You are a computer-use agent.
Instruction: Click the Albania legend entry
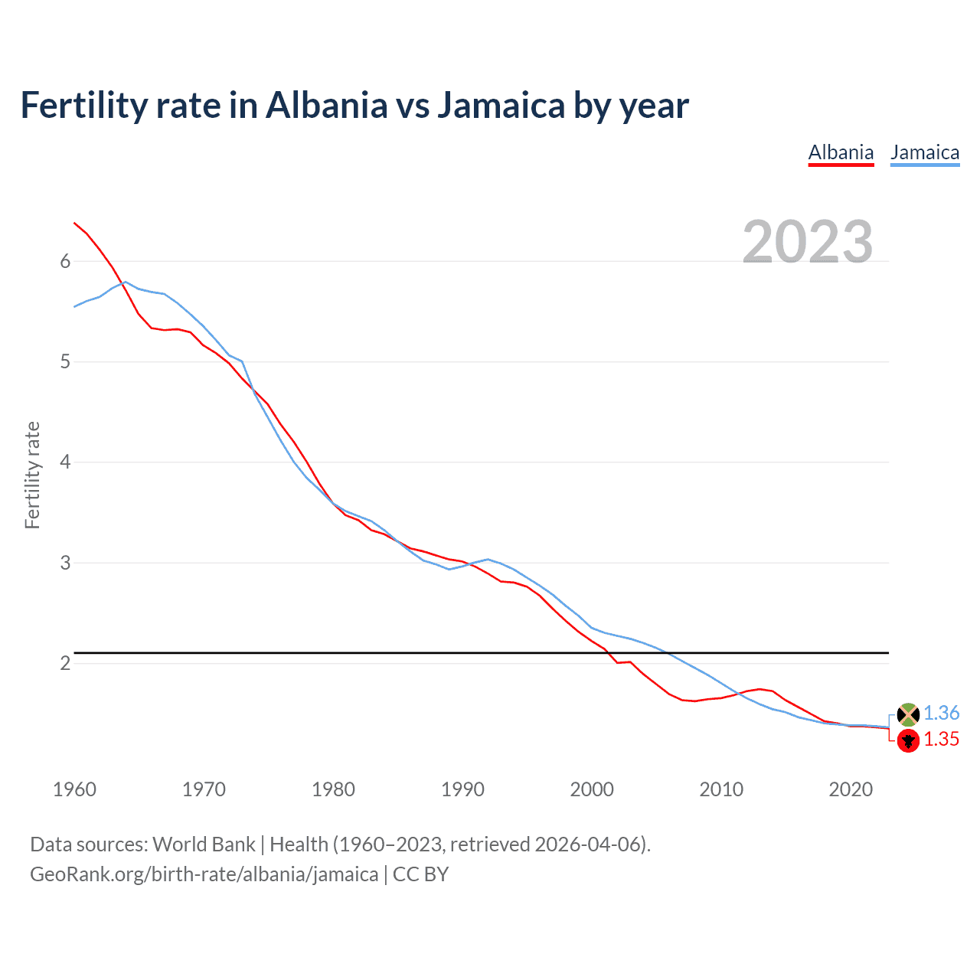point(841,152)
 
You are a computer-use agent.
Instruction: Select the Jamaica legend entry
point(925,152)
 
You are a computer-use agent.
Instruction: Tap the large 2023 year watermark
point(808,242)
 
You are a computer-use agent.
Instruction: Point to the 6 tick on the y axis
point(65,261)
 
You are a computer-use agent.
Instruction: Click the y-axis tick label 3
point(65,563)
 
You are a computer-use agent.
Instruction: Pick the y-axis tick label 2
point(65,663)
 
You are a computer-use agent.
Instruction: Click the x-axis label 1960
point(74,789)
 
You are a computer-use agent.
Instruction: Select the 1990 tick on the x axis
point(462,789)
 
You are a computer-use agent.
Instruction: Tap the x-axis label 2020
point(851,789)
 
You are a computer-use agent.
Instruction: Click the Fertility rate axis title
point(32,475)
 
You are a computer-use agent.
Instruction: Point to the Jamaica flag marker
point(908,714)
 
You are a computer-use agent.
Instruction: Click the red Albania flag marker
point(908,740)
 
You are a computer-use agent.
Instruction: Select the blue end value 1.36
point(941,713)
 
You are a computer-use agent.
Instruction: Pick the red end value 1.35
point(941,739)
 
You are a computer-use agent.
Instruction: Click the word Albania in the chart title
point(327,105)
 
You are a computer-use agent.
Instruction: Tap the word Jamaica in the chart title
point(501,105)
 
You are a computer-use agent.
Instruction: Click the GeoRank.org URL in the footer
point(204,874)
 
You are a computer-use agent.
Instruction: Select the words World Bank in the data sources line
point(204,844)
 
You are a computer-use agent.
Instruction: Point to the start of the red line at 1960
point(74,223)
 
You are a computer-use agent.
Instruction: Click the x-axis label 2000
point(592,789)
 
